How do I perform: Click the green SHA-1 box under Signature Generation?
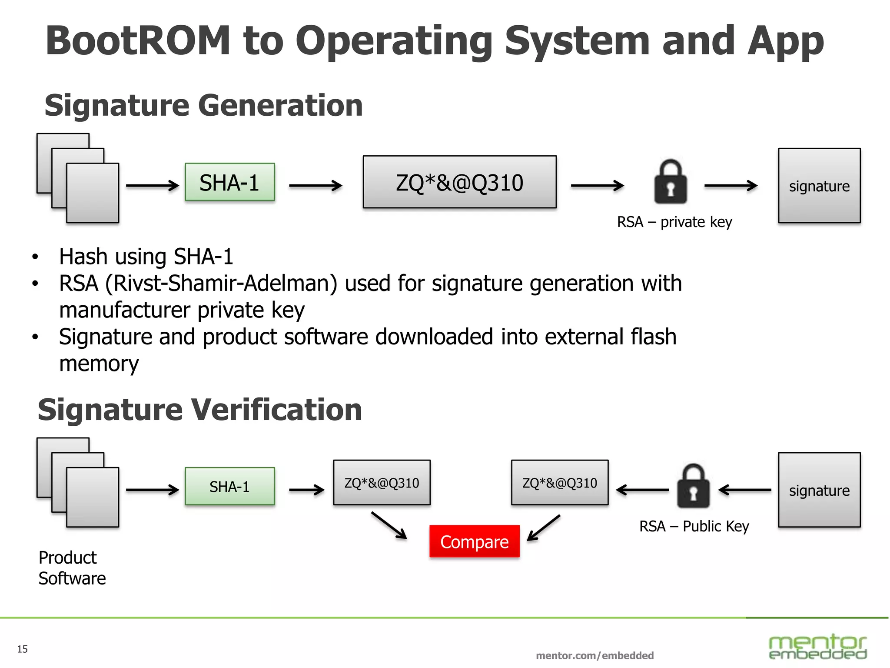[229, 182]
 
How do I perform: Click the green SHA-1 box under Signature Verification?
[229, 486]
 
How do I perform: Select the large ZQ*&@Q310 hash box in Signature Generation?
[459, 182]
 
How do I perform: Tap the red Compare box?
[474, 541]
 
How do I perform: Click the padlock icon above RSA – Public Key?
[693, 487]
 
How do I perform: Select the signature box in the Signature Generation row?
[819, 186]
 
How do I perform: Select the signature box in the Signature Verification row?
[819, 490]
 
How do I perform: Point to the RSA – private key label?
[674, 222]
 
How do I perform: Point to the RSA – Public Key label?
[694, 526]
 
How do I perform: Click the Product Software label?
[72, 568]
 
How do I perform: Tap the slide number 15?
[22, 649]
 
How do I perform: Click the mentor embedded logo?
[817, 647]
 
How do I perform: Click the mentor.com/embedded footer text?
[594, 655]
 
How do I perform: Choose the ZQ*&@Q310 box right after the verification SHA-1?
[382, 483]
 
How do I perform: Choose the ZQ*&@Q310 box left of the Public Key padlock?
[559, 483]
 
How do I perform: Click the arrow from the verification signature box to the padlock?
[744, 490]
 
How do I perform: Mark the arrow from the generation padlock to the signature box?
[731, 186]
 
